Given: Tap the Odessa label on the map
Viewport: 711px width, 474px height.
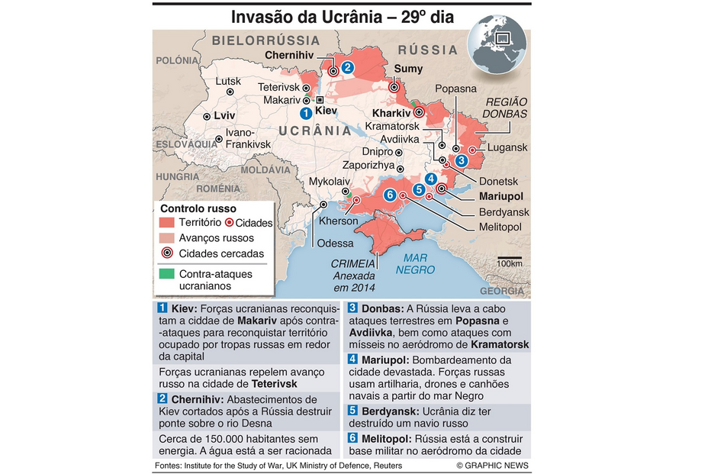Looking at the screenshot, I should (336, 243).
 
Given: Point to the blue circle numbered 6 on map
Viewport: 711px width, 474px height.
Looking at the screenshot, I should (390, 195).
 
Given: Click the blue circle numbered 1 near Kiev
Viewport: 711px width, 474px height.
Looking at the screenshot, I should (306, 113).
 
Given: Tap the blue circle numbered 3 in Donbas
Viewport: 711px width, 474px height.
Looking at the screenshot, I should (462, 160).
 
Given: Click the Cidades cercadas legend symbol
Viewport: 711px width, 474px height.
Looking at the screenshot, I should (166, 253).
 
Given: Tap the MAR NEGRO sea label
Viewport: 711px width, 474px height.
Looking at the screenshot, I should (416, 264).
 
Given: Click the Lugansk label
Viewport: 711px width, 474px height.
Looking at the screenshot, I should (507, 147).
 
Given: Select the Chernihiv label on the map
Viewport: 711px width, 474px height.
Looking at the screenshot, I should (290, 55).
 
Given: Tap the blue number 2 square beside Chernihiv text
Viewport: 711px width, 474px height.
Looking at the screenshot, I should (162, 399).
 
